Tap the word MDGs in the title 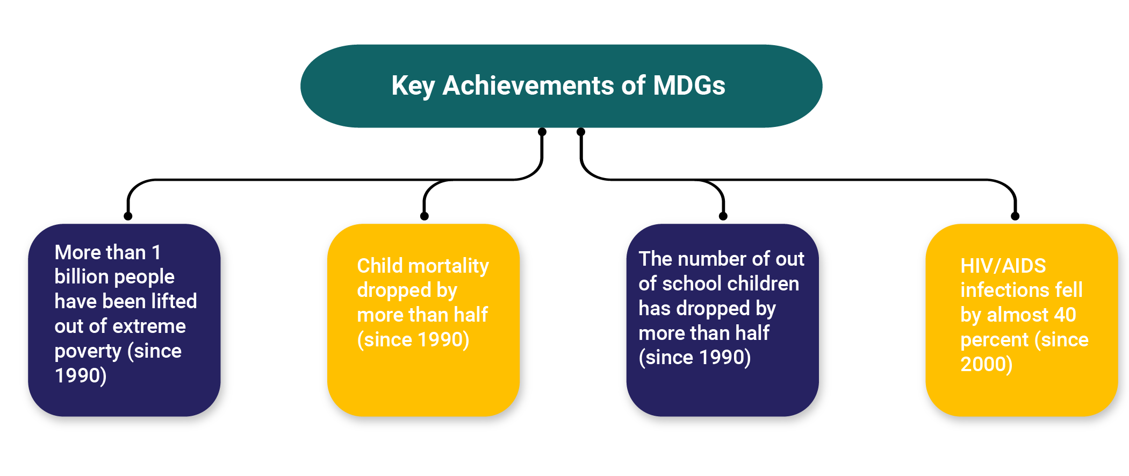click(x=689, y=86)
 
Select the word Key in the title click(x=413, y=87)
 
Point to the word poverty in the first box click(x=88, y=352)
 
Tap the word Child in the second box click(x=380, y=265)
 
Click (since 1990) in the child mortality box click(x=413, y=339)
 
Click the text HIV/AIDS click(x=1003, y=266)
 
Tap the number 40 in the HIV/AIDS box click(x=1065, y=315)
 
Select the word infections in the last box click(x=1004, y=290)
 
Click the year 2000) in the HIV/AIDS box click(x=987, y=364)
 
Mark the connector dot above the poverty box click(x=128, y=216)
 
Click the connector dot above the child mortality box click(x=425, y=216)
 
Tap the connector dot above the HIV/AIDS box click(x=1015, y=216)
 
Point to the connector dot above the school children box click(x=723, y=216)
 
